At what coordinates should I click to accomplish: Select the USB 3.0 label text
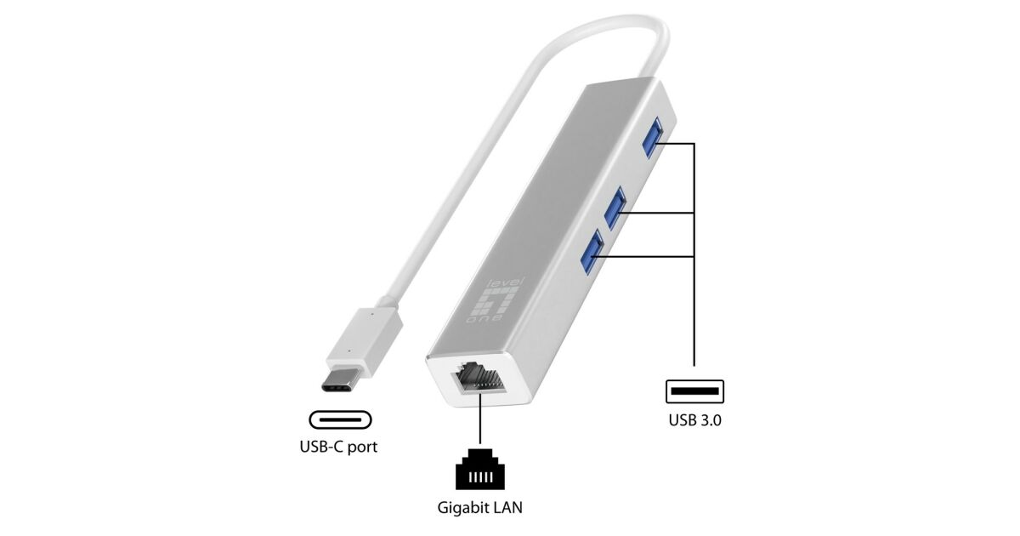pos(694,419)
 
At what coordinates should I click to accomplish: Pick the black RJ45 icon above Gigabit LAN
pos(481,469)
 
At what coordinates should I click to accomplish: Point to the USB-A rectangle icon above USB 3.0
pos(694,392)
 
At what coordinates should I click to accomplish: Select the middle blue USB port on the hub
pos(615,208)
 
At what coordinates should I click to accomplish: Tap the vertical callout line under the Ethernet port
pos(481,421)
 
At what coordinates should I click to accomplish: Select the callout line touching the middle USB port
pos(663,212)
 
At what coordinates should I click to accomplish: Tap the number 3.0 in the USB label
pos(711,419)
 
